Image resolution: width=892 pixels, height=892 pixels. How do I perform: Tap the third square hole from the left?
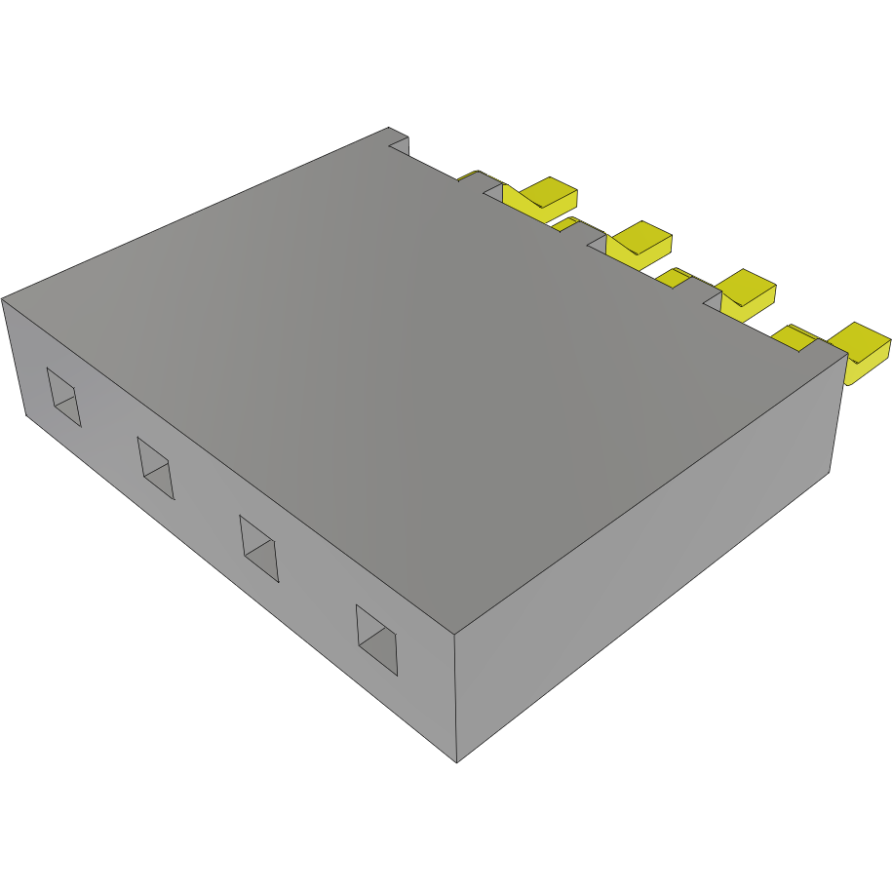pos(259,548)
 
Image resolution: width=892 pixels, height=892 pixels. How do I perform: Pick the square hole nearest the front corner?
pos(377,640)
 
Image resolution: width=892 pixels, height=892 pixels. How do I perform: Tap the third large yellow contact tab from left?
pos(746,290)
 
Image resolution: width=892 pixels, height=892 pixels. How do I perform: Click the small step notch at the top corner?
pos(399,143)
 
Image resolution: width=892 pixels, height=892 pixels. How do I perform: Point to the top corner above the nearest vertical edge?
pos(455,633)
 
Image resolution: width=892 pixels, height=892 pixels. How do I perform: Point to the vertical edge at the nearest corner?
pos(456,697)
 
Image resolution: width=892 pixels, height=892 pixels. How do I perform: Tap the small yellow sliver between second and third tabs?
pos(671,277)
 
